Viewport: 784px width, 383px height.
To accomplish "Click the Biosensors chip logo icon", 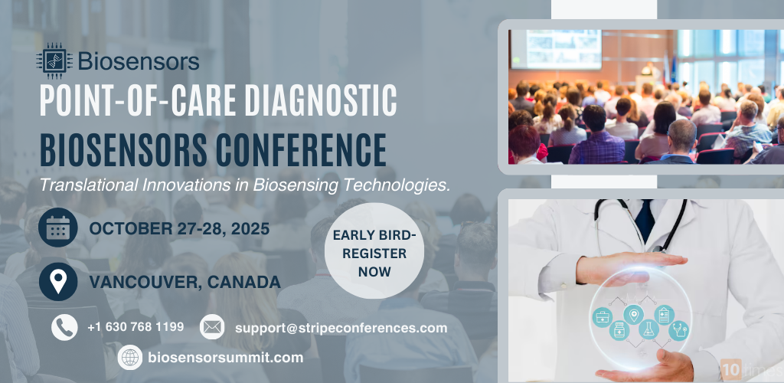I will [x=54, y=61].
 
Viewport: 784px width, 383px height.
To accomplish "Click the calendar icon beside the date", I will [x=58, y=228].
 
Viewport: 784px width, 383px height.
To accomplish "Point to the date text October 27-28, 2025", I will [x=179, y=228].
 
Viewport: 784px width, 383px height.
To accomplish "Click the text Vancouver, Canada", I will [x=185, y=282].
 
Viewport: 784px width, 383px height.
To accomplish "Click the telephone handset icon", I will [x=64, y=327].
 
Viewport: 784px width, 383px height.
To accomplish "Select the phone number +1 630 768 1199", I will [x=136, y=327].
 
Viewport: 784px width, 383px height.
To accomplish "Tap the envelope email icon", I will [x=212, y=327].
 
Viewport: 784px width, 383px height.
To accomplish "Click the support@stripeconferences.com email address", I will [x=341, y=328].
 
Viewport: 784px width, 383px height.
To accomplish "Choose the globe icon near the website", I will [x=130, y=357].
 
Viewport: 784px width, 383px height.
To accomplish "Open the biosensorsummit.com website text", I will [x=225, y=358].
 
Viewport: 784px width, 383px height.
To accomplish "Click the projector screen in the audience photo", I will [x=556, y=50].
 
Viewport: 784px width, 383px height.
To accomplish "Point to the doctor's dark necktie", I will [x=645, y=219].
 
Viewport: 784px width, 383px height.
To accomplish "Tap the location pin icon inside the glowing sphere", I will [x=632, y=314].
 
